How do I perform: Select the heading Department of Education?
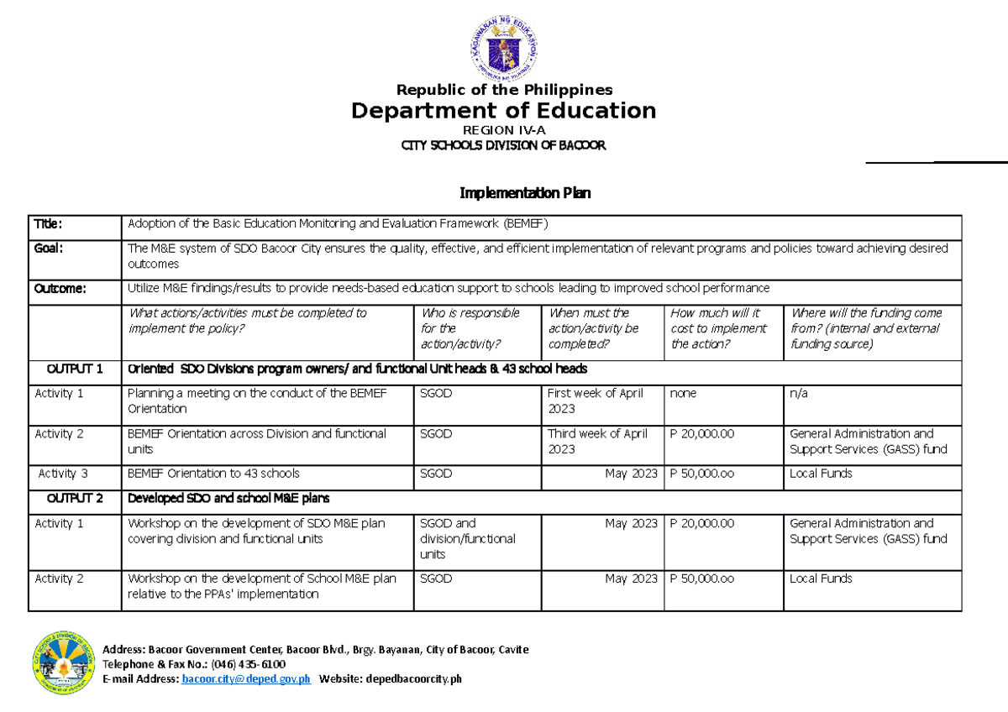click(x=503, y=111)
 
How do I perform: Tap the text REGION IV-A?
click(x=503, y=130)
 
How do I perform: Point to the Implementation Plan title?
click(x=525, y=193)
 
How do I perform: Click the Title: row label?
click(x=48, y=223)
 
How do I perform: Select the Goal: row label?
click(x=48, y=248)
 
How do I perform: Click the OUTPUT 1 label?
click(x=75, y=369)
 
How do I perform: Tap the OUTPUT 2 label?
click(x=75, y=498)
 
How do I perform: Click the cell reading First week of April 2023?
click(x=595, y=400)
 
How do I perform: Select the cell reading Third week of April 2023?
click(x=597, y=441)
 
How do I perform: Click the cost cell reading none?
click(x=683, y=393)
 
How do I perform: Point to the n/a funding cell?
click(x=799, y=393)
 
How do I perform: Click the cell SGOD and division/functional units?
click(x=467, y=538)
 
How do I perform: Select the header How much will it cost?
click(x=718, y=328)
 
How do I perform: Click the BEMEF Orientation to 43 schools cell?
click(x=213, y=474)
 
